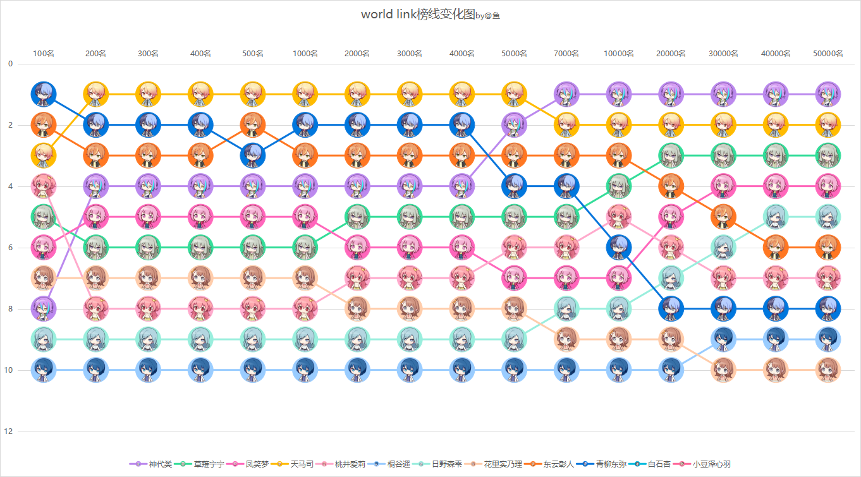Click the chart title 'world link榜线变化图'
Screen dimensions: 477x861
(418, 15)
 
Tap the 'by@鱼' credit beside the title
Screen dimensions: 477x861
(487, 16)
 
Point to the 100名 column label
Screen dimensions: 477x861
(44, 54)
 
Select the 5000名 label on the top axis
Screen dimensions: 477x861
(514, 54)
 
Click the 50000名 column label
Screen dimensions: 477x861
(827, 54)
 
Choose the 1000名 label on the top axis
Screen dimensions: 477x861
(305, 54)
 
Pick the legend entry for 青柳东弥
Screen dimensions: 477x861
(602, 464)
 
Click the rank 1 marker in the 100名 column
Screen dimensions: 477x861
(44, 94)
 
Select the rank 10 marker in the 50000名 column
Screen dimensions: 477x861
(827, 370)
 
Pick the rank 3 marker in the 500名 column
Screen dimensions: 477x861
(253, 155)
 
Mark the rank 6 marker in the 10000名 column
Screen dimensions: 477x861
(618, 248)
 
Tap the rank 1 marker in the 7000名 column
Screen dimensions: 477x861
(566, 94)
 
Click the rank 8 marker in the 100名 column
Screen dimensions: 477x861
(44, 309)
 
